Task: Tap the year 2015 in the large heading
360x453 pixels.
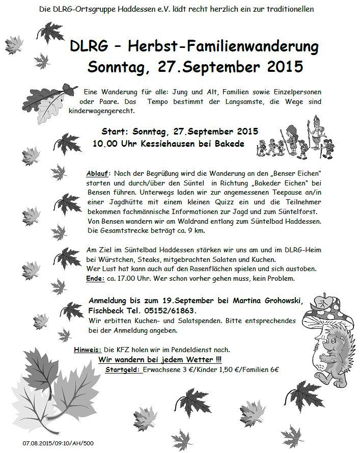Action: point(279,67)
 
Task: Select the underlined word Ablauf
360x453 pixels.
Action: point(97,173)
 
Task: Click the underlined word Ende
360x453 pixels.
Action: point(94,279)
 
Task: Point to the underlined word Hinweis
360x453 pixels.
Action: point(87,350)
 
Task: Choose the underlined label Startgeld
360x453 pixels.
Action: point(123,369)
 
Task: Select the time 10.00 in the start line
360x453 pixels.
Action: point(104,144)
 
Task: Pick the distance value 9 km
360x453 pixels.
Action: point(184,231)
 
